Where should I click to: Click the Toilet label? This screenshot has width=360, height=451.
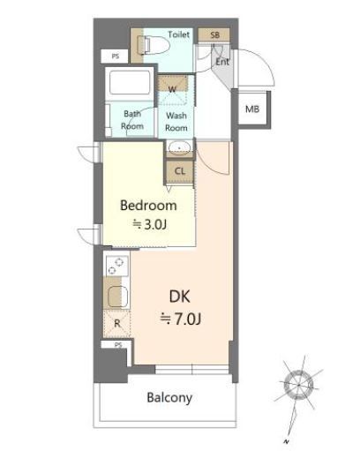click(178, 34)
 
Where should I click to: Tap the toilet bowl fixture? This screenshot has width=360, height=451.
click(154, 45)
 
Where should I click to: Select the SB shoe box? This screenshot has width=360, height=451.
click(214, 35)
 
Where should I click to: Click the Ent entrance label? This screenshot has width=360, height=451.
click(222, 62)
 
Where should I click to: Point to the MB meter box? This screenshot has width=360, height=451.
click(253, 109)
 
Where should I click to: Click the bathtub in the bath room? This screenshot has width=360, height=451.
click(130, 82)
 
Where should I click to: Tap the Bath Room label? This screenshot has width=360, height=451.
click(132, 120)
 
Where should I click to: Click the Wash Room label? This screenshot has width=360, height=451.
click(176, 122)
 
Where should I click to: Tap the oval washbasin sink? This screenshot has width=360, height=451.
click(179, 147)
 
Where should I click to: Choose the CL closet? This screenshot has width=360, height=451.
click(180, 172)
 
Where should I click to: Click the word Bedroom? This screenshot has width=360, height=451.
click(149, 206)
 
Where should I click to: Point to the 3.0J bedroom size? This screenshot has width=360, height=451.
click(150, 225)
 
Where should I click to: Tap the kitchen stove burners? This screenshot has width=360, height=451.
click(117, 266)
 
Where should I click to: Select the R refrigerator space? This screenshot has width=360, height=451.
click(116, 324)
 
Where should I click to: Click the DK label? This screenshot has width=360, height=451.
click(180, 297)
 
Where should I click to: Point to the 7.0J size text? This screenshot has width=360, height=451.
click(180, 319)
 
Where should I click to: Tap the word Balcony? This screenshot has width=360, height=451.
click(169, 398)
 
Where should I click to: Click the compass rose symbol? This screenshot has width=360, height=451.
click(298, 384)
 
